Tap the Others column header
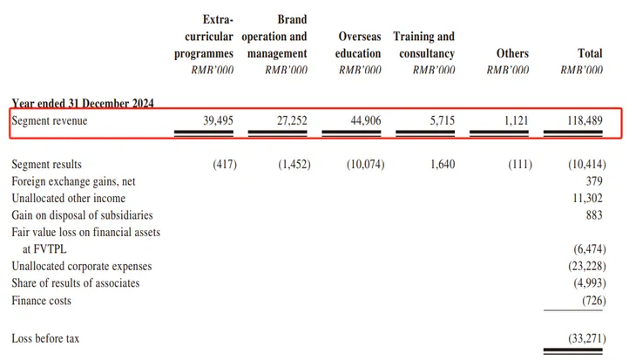tap(511, 53)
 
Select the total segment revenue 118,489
tap(585, 122)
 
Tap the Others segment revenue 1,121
tap(514, 122)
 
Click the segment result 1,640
tap(443, 165)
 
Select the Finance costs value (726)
tap(592, 301)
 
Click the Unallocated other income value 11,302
tap(589, 199)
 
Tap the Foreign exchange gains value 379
tap(596, 181)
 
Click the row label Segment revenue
tap(50, 122)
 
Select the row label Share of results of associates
tap(75, 283)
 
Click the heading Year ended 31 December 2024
tap(83, 104)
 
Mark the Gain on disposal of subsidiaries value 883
tap(596, 215)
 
